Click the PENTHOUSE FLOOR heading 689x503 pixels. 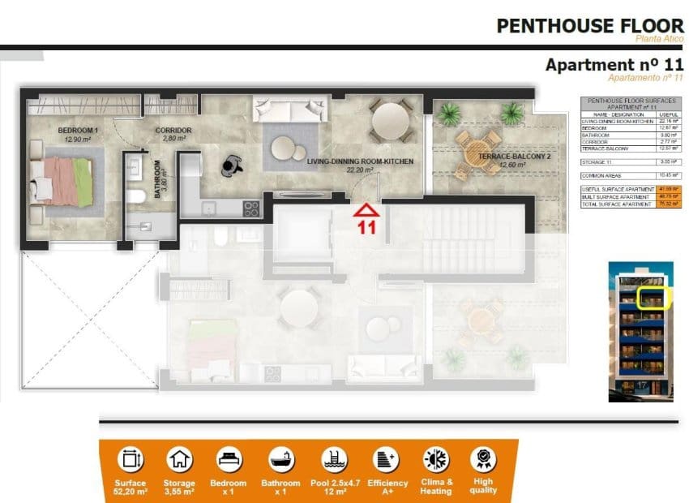pyautogui.click(x=590, y=26)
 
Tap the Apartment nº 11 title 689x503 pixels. pyautogui.click(x=614, y=65)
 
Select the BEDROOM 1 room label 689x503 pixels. pyautogui.click(x=78, y=131)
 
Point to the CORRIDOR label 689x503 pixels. pyautogui.click(x=174, y=130)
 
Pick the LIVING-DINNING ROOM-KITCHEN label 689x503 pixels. pyautogui.click(x=360, y=162)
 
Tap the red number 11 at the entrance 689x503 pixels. pyautogui.click(x=367, y=228)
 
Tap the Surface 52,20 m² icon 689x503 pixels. pyautogui.click(x=130, y=460)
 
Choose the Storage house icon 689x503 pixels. pyautogui.click(x=179, y=460)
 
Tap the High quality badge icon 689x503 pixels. pyautogui.click(x=482, y=460)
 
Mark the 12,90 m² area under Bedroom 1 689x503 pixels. pyautogui.click(x=78, y=140)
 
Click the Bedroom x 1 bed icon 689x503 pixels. pyautogui.click(x=230, y=460)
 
